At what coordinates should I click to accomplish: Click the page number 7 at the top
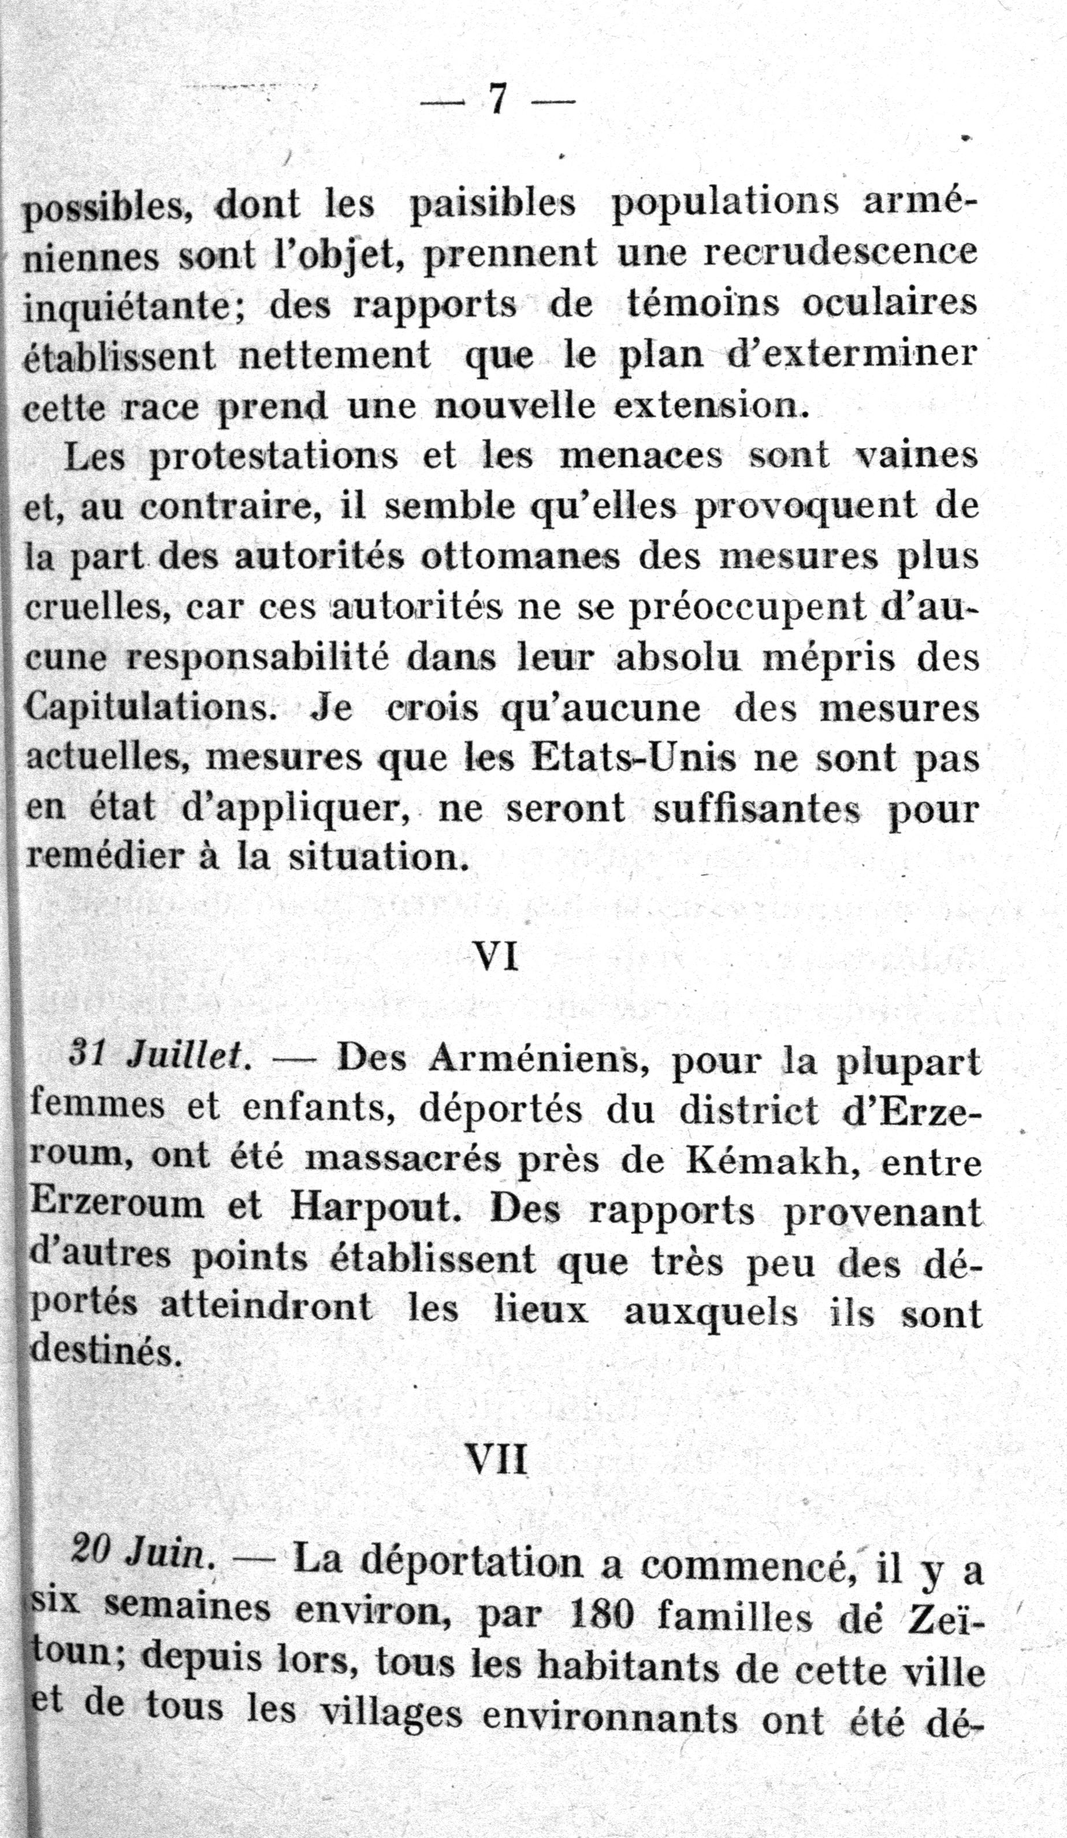pyautogui.click(x=498, y=99)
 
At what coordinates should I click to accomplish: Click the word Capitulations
pyautogui.click(x=147, y=708)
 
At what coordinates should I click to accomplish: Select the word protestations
pyautogui.click(x=274, y=458)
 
